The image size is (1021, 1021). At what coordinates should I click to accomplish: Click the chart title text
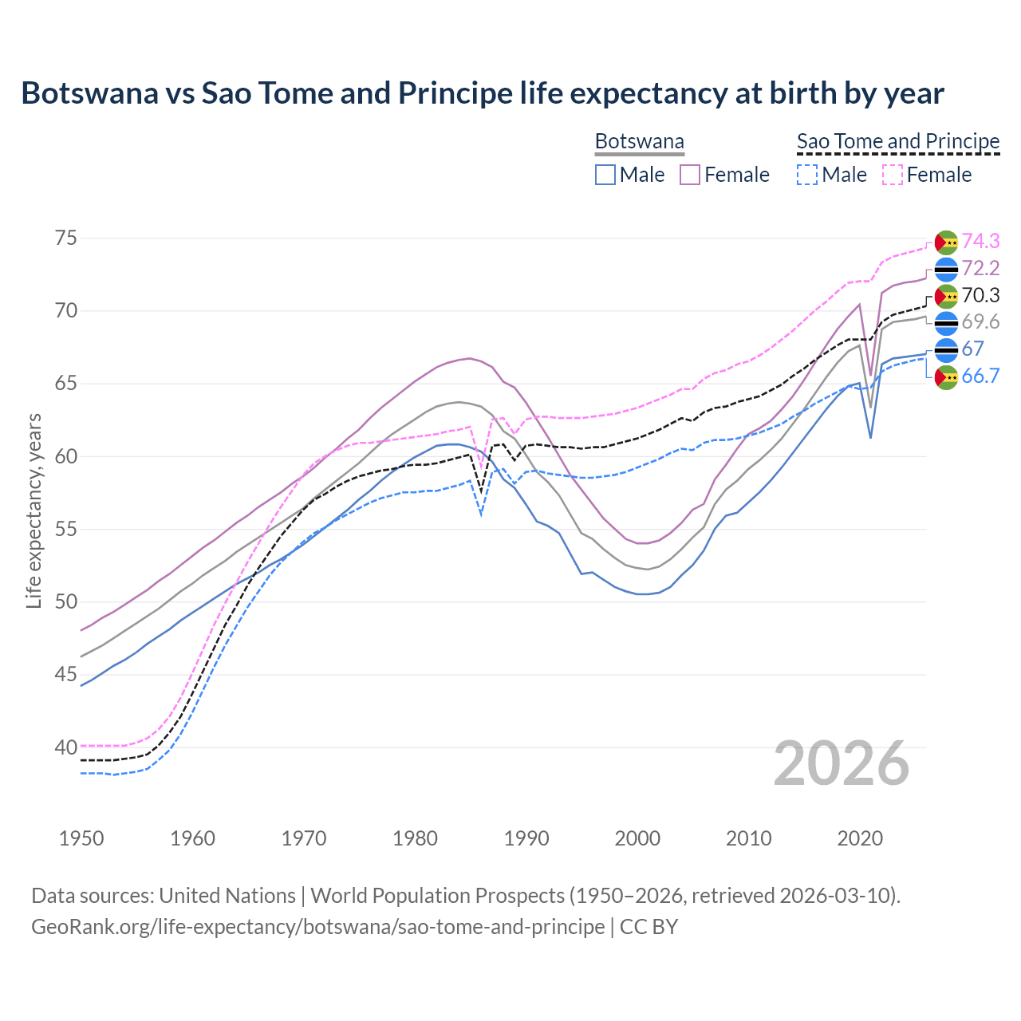click(483, 93)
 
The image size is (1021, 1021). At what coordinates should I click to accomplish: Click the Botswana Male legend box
click(605, 175)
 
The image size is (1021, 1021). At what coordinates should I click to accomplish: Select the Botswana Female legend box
click(690, 175)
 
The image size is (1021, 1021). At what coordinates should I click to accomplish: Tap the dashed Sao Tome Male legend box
click(807, 175)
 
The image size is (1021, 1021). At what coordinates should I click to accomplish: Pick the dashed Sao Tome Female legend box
click(893, 175)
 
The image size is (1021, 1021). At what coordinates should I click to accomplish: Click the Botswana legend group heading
click(640, 142)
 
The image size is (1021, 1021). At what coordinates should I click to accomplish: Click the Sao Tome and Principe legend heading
click(898, 142)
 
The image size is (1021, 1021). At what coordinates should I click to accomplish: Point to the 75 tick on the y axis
click(66, 238)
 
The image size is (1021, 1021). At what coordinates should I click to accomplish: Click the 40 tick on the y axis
click(66, 747)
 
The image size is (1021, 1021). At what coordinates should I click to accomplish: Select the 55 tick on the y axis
click(66, 529)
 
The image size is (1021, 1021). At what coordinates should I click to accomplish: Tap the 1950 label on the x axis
click(81, 838)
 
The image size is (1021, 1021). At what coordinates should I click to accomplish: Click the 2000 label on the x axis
click(637, 838)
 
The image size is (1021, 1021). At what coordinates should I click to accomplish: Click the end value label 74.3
click(980, 241)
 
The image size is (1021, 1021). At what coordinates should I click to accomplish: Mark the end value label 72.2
click(980, 268)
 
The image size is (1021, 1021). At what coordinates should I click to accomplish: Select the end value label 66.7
click(980, 376)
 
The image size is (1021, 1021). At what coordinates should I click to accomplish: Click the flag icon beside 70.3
click(946, 296)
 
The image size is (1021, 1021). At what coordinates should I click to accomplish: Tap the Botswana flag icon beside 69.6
click(946, 323)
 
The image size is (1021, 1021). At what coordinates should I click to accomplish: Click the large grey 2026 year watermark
click(841, 763)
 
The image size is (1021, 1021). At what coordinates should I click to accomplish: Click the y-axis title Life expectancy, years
click(34, 510)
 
